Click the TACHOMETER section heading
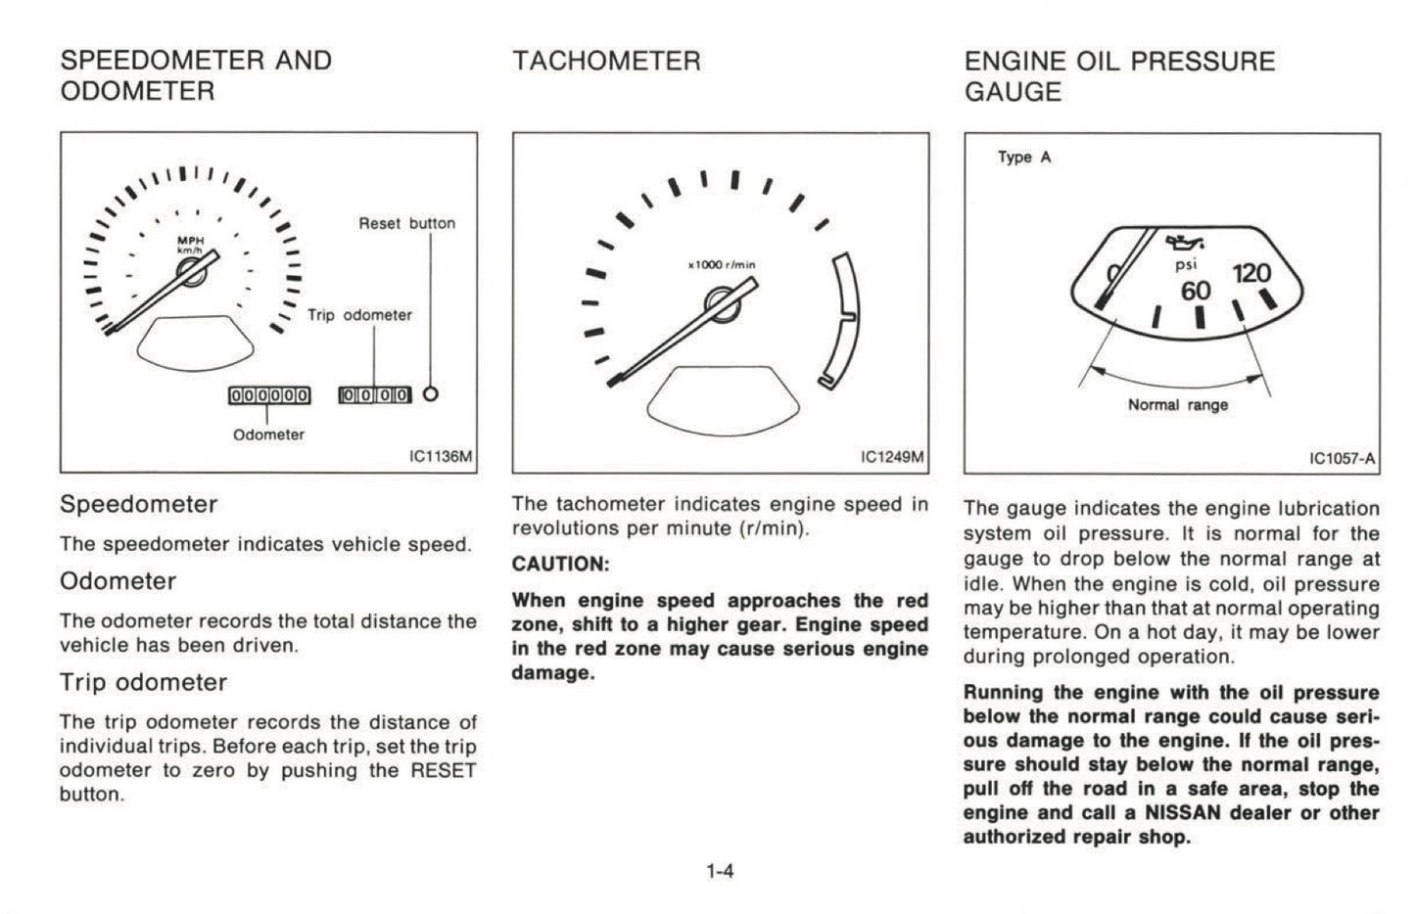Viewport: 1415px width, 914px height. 606,62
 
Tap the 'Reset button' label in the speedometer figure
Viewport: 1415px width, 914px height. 406,223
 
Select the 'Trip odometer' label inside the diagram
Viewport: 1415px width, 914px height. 359,315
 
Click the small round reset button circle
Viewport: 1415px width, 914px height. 430,394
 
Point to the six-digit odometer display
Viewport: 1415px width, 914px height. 268,395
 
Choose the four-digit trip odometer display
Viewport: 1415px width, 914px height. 374,395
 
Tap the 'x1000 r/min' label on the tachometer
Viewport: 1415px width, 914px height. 722,265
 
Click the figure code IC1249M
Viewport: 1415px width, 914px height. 891,457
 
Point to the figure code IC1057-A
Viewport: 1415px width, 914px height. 1342,458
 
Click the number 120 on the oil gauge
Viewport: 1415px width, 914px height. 1251,273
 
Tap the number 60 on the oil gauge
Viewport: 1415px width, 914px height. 1196,291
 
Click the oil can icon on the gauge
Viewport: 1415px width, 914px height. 1186,242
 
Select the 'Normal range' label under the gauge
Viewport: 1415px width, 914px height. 1177,405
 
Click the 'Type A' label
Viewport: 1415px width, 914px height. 1024,157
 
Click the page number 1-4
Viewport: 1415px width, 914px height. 720,870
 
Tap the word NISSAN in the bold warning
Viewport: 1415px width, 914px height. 1186,813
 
